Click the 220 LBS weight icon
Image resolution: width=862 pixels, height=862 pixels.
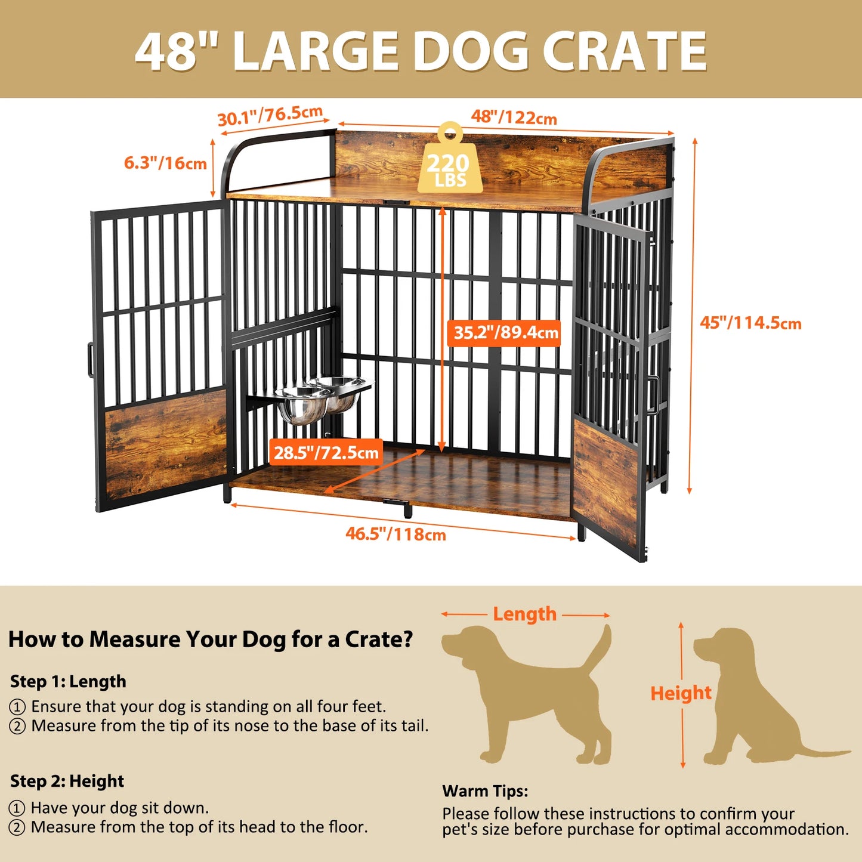pyautogui.click(x=450, y=162)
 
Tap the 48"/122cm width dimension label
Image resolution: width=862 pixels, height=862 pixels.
pyautogui.click(x=514, y=117)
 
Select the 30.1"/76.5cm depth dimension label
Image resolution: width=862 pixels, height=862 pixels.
pyautogui.click(x=270, y=116)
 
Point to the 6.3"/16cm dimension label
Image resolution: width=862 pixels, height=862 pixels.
pyautogui.click(x=165, y=163)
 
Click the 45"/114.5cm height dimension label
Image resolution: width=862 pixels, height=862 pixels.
pyautogui.click(x=750, y=323)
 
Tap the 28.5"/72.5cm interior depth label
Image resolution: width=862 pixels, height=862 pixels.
pyautogui.click(x=326, y=453)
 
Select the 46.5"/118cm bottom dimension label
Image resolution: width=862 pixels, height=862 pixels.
pyautogui.click(x=396, y=533)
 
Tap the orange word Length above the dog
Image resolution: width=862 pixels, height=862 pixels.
pyautogui.click(x=524, y=614)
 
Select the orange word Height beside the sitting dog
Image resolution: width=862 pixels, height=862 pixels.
pyautogui.click(x=681, y=693)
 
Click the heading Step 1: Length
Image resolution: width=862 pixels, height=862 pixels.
pyautogui.click(x=68, y=681)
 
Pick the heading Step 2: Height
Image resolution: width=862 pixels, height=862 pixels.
pyautogui.click(x=67, y=781)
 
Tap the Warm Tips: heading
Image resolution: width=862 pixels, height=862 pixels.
pyautogui.click(x=485, y=791)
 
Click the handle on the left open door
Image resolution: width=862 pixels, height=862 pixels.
pyautogui.click(x=90, y=359)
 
